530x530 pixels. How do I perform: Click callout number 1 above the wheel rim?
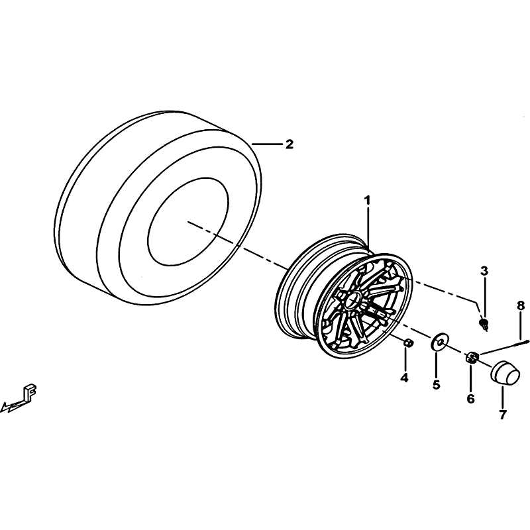click(367, 201)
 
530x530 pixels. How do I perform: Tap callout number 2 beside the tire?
click(289, 144)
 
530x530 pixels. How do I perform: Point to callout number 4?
click(404, 378)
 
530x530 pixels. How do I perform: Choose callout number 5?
click(437, 384)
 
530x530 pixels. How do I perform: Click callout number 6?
click(471, 399)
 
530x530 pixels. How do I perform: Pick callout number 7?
click(503, 415)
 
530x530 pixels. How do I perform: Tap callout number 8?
click(521, 307)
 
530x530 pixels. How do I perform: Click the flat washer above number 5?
click(438, 343)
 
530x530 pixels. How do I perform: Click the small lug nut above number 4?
click(407, 343)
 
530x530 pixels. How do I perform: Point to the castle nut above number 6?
click(472, 357)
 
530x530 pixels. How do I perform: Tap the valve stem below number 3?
click(484, 324)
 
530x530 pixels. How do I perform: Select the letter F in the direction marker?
click(30, 392)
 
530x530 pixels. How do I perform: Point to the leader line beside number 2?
click(267, 144)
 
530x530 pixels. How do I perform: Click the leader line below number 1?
click(368, 229)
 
